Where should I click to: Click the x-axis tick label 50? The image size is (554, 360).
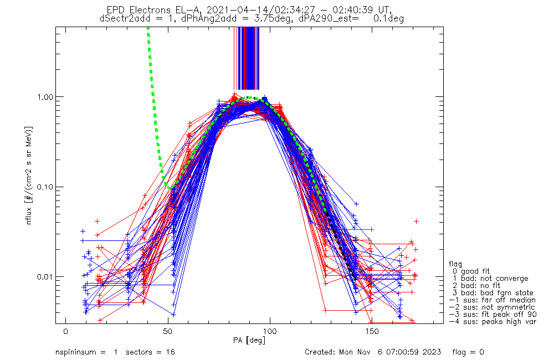click(167, 331)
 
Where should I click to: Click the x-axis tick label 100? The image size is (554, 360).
click(270, 331)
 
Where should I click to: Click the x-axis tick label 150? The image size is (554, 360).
click(372, 331)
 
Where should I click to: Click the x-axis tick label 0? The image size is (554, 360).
click(65, 331)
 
